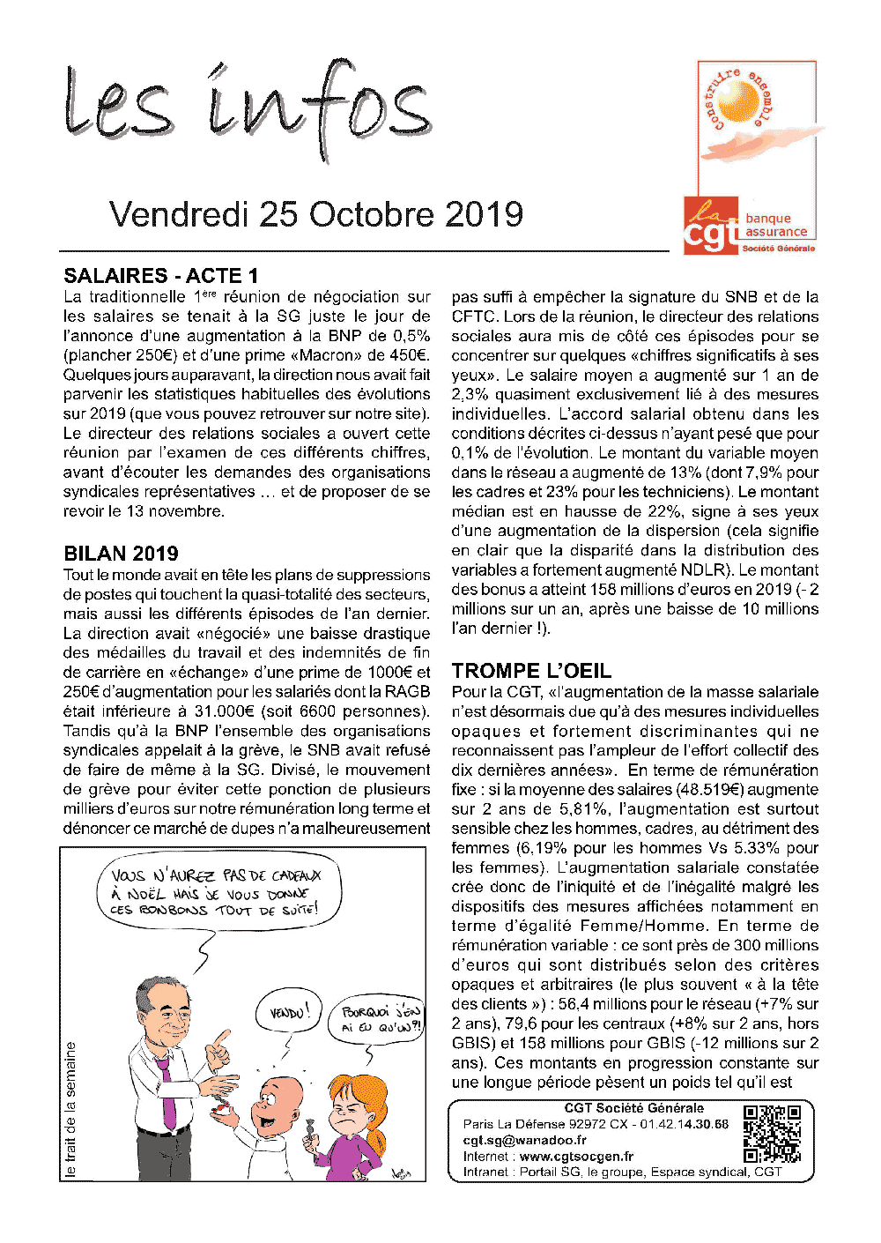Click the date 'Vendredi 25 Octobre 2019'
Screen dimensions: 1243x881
click(x=316, y=214)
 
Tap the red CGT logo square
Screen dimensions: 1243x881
click(x=711, y=227)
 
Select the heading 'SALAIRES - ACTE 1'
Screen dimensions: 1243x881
click(x=161, y=276)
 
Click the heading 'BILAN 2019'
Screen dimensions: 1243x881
click(x=121, y=554)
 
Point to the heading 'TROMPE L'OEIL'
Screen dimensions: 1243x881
click(x=531, y=671)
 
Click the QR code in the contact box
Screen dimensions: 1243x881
click(x=772, y=1134)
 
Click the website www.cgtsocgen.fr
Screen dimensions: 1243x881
click(x=576, y=1156)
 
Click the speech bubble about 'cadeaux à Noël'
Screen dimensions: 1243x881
click(x=216, y=892)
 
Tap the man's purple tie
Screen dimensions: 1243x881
click(x=167, y=1093)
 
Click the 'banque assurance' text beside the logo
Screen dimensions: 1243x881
click(x=775, y=225)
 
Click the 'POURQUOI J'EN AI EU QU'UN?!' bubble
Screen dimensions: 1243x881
click(x=381, y=1019)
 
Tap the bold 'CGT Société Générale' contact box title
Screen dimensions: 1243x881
click(x=633, y=1108)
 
